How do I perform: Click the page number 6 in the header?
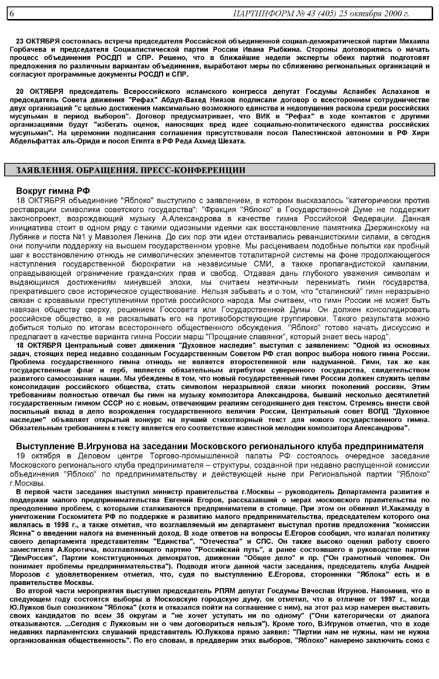tap(12, 13)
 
